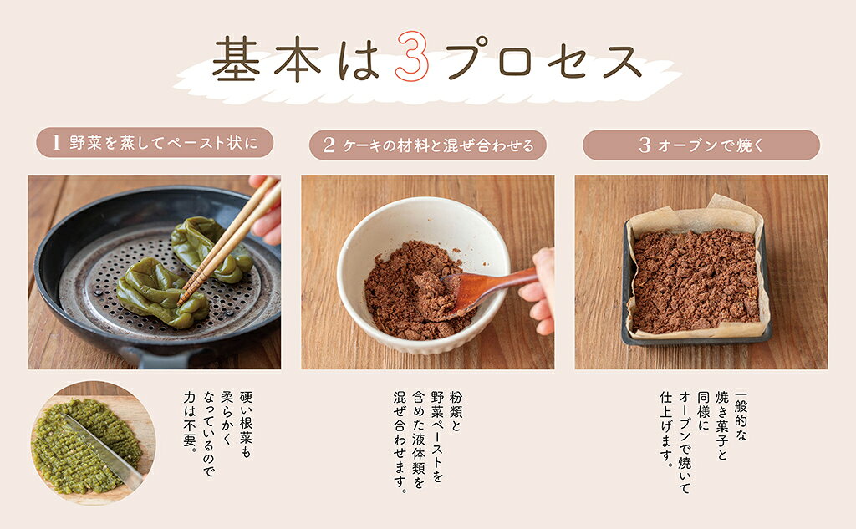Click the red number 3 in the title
pos(412,57)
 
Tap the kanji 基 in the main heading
pos(235,59)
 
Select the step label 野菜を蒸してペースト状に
pos(163,142)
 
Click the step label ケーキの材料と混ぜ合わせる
pos(438,145)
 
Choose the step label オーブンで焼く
pos(711,145)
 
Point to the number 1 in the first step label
pos(55,143)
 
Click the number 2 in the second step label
pos(329,145)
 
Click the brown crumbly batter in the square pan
pos(695,281)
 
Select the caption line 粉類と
pos(456,411)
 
